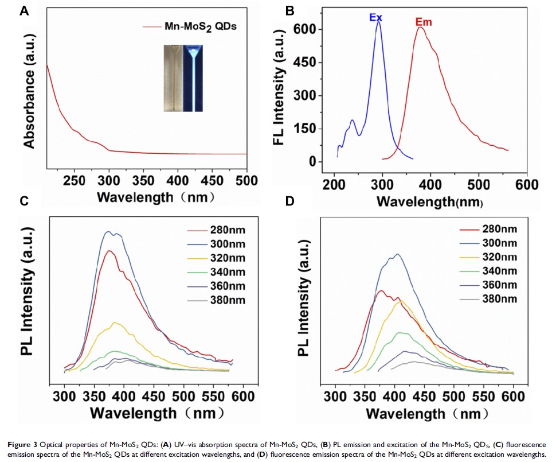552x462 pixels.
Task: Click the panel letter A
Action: point(24,10)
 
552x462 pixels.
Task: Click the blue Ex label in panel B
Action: point(376,18)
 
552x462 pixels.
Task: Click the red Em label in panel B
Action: point(423,22)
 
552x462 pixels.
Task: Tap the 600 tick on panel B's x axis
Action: point(524,185)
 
